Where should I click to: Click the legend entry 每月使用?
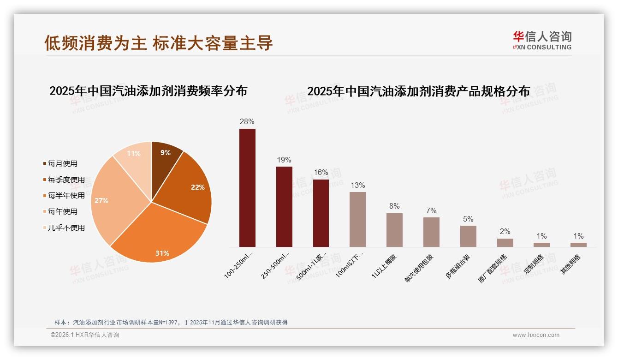62,164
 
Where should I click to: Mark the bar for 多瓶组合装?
468,236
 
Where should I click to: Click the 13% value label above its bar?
357,186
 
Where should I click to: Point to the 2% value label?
505,232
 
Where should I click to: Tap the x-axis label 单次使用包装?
419,267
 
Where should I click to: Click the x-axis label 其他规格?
570,264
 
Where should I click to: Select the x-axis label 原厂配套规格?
493,268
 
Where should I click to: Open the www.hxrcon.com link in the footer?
536,335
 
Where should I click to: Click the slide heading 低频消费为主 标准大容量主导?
159,43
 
